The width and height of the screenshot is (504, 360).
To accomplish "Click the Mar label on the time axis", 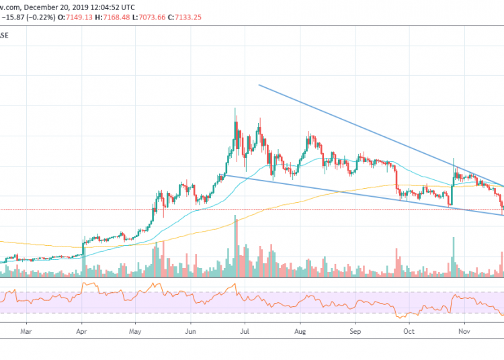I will click(26, 332).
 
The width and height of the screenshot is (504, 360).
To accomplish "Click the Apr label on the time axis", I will click(81, 332).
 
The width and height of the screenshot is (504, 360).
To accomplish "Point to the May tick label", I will click(136, 332).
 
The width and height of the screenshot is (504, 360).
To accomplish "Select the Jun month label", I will click(191, 332).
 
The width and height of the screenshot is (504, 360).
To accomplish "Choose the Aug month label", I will click(300, 332).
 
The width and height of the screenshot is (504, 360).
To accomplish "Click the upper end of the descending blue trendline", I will click(259, 85).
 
